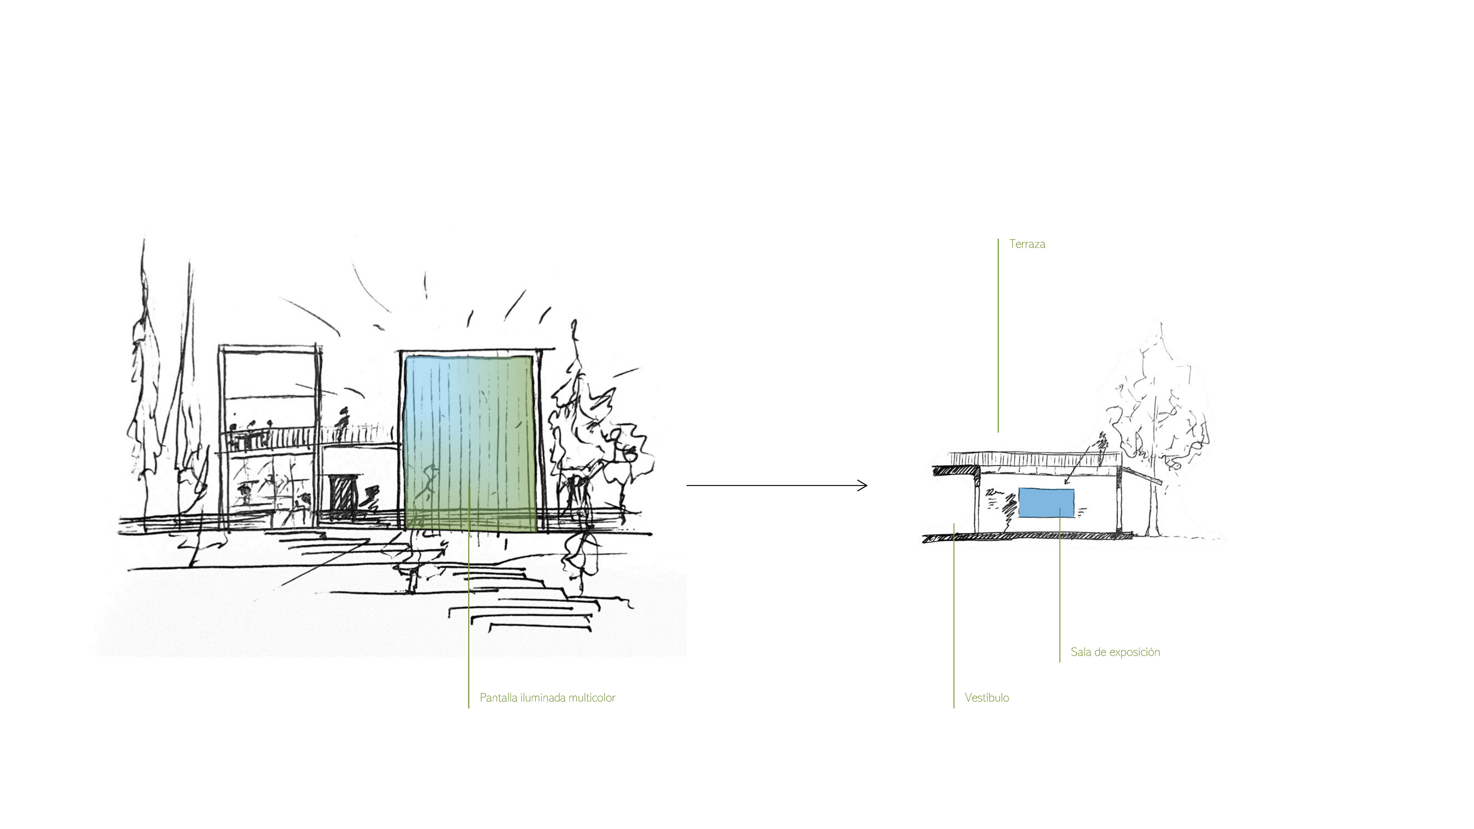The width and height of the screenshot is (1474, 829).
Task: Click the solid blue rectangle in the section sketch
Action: (1046, 503)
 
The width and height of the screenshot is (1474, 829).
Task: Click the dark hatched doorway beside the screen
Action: (342, 497)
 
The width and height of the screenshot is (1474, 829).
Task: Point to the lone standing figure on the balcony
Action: (343, 423)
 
